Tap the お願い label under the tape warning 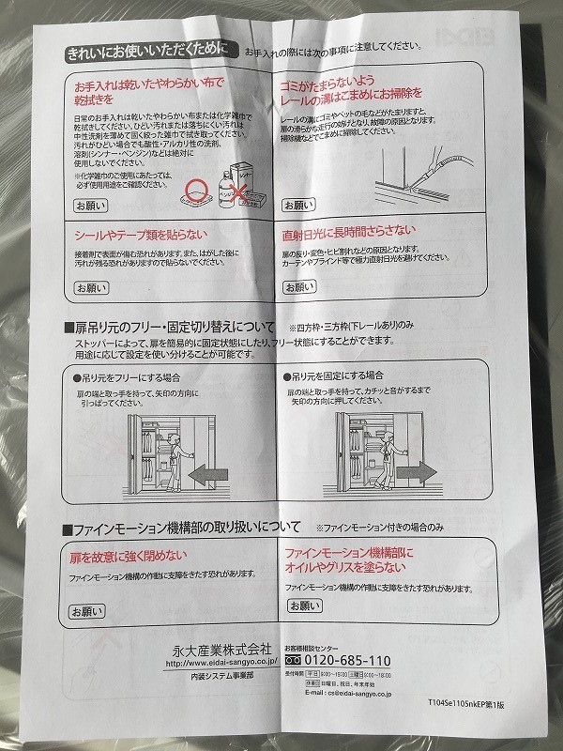pos(92,287)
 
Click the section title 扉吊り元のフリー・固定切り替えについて pos(175,328)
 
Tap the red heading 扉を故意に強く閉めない pos(128,556)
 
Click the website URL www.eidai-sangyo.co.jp pos(220,663)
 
